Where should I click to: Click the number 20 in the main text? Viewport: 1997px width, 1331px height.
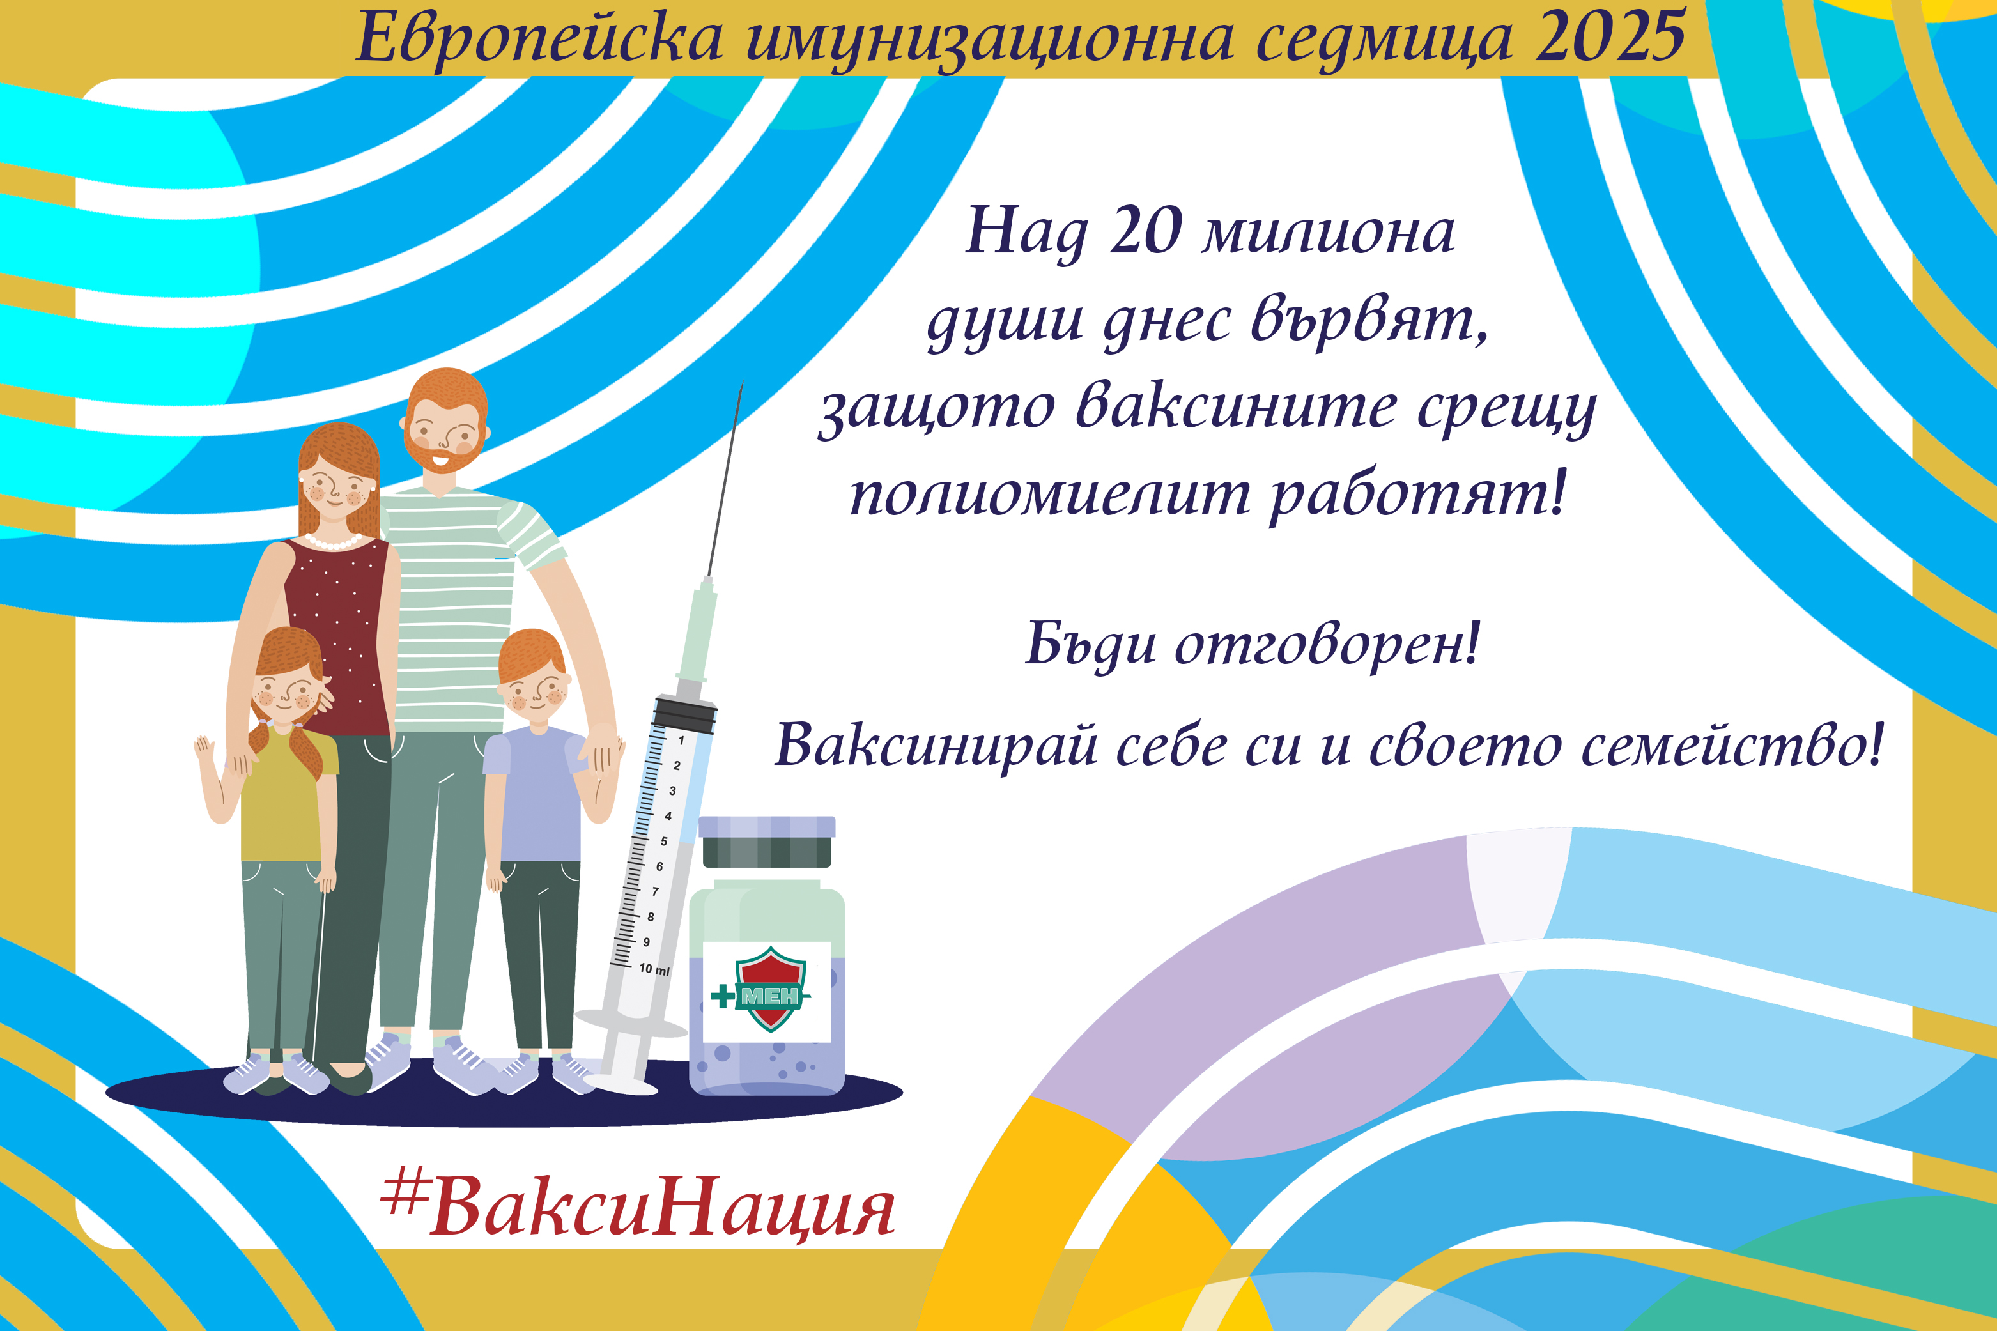click(1145, 230)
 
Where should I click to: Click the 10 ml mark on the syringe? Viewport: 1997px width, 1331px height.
click(654, 969)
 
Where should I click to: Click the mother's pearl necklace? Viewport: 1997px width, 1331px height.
click(333, 541)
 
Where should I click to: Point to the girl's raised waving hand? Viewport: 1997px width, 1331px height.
click(204, 751)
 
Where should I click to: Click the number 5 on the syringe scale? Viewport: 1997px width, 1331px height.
click(664, 841)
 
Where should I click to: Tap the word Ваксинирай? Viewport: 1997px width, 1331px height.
click(934, 744)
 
